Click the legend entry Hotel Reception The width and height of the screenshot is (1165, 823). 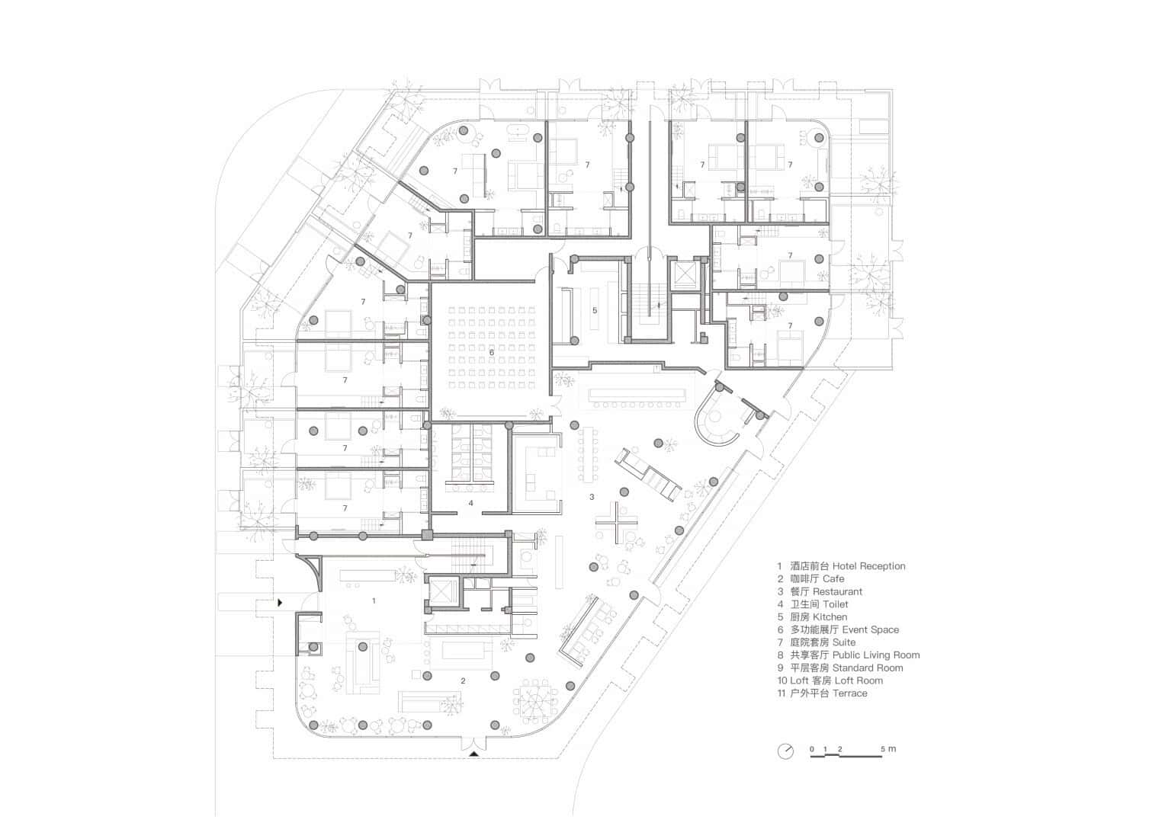pos(841,566)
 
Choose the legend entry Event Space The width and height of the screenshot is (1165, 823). pos(838,630)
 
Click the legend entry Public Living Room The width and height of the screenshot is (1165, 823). pos(849,655)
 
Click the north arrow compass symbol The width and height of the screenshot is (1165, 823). pos(785,751)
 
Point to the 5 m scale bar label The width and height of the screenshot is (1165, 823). pos(888,749)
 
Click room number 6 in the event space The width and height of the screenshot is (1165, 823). pos(492,352)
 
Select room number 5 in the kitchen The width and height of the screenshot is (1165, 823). pos(595,310)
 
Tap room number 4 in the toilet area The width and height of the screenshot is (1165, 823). pos(470,503)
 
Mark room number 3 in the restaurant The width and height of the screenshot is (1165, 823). pos(592,497)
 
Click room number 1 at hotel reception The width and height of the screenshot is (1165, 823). pos(374,600)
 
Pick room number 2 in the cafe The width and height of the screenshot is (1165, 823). pos(462,680)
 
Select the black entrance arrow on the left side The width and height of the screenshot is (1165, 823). pos(281,603)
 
